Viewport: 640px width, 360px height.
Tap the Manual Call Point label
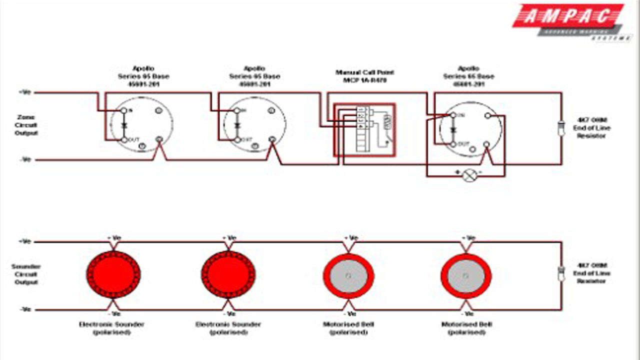(x=361, y=76)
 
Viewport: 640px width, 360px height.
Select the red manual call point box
(x=364, y=129)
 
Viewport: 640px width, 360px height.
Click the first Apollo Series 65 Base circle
(x=141, y=125)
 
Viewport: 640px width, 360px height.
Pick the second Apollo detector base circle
(x=254, y=125)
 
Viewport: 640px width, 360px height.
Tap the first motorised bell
(x=348, y=275)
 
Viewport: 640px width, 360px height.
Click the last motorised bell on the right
(x=466, y=275)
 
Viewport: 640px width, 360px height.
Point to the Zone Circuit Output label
(x=26, y=125)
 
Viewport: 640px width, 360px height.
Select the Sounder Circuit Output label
(x=26, y=274)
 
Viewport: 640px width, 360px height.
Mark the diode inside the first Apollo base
(x=124, y=125)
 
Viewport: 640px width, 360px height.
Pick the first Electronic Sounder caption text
(x=112, y=328)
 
